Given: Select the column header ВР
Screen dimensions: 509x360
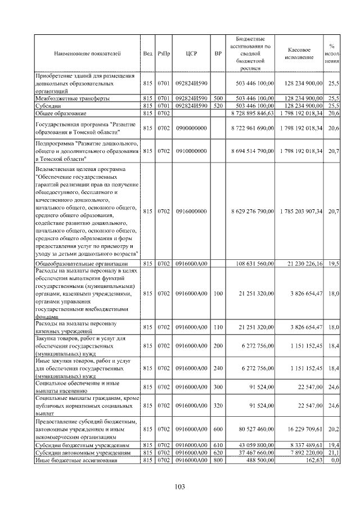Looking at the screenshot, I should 218,53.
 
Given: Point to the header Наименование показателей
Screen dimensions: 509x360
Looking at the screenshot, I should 87,53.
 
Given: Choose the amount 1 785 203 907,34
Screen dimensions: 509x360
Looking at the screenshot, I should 301,211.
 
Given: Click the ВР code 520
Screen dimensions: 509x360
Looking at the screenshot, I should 218,105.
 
